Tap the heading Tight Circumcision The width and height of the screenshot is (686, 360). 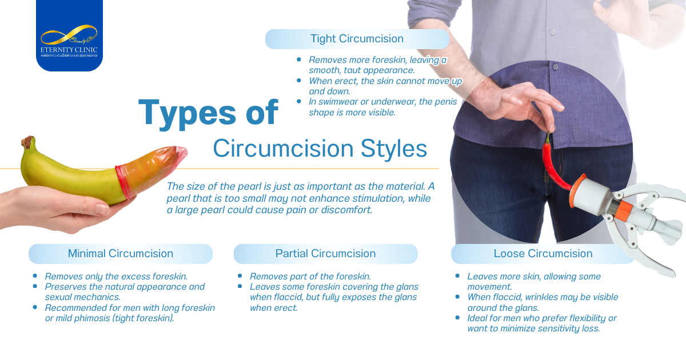pos(357,39)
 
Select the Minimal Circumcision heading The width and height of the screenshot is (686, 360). pos(120,253)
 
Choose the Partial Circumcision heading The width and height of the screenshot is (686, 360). pos(325,253)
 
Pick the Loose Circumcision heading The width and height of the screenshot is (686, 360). pos(543,253)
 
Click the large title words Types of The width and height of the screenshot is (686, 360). pos(208,113)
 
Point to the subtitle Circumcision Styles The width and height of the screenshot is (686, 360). pos(320,149)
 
